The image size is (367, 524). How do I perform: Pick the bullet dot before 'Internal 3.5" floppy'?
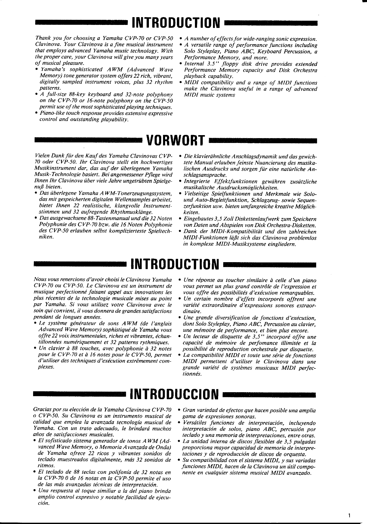tap(180, 64)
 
